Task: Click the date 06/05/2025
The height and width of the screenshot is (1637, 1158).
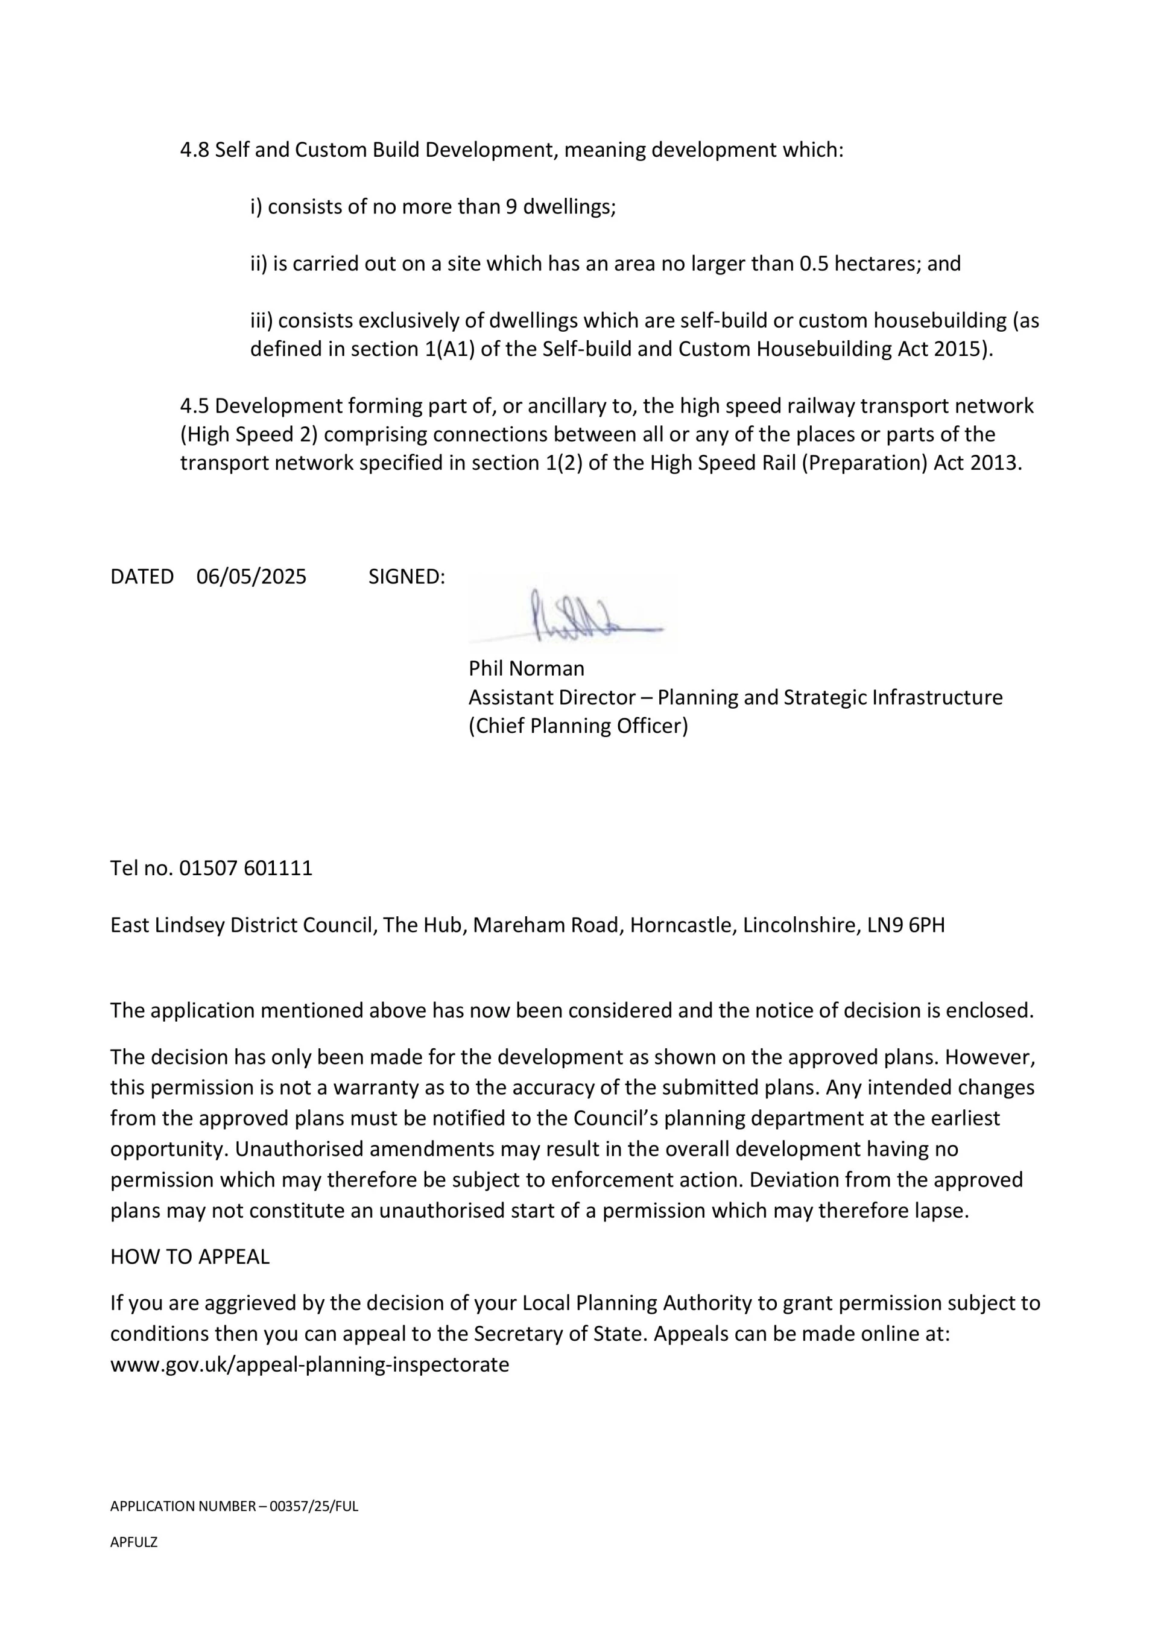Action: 251,577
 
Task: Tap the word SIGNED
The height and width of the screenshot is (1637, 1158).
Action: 405,577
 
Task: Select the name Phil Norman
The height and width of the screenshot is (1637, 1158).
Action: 527,669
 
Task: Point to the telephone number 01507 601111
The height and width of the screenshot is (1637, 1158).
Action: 245,869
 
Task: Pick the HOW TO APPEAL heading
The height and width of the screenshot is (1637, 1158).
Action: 189,1257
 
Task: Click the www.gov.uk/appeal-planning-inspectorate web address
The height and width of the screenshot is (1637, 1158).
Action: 309,1364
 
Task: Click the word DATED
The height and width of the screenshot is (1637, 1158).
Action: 142,577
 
